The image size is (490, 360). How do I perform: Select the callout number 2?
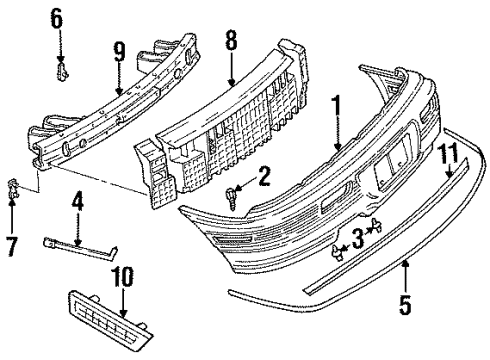[x=264, y=176]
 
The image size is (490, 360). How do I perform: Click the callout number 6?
[x=57, y=18]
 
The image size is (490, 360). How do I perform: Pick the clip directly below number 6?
[x=62, y=71]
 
